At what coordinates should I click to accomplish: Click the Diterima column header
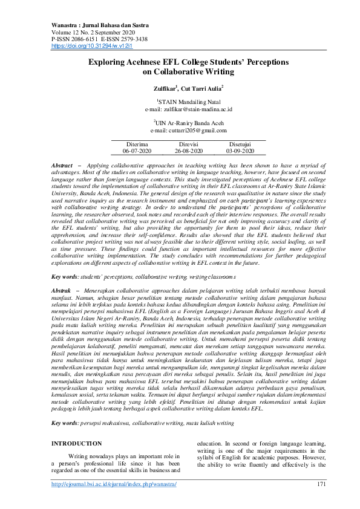click(x=137, y=144)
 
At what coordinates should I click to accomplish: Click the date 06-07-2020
click(x=137, y=151)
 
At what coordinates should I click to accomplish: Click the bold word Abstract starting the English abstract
click(x=62, y=165)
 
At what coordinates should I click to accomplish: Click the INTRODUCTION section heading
click(x=77, y=444)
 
